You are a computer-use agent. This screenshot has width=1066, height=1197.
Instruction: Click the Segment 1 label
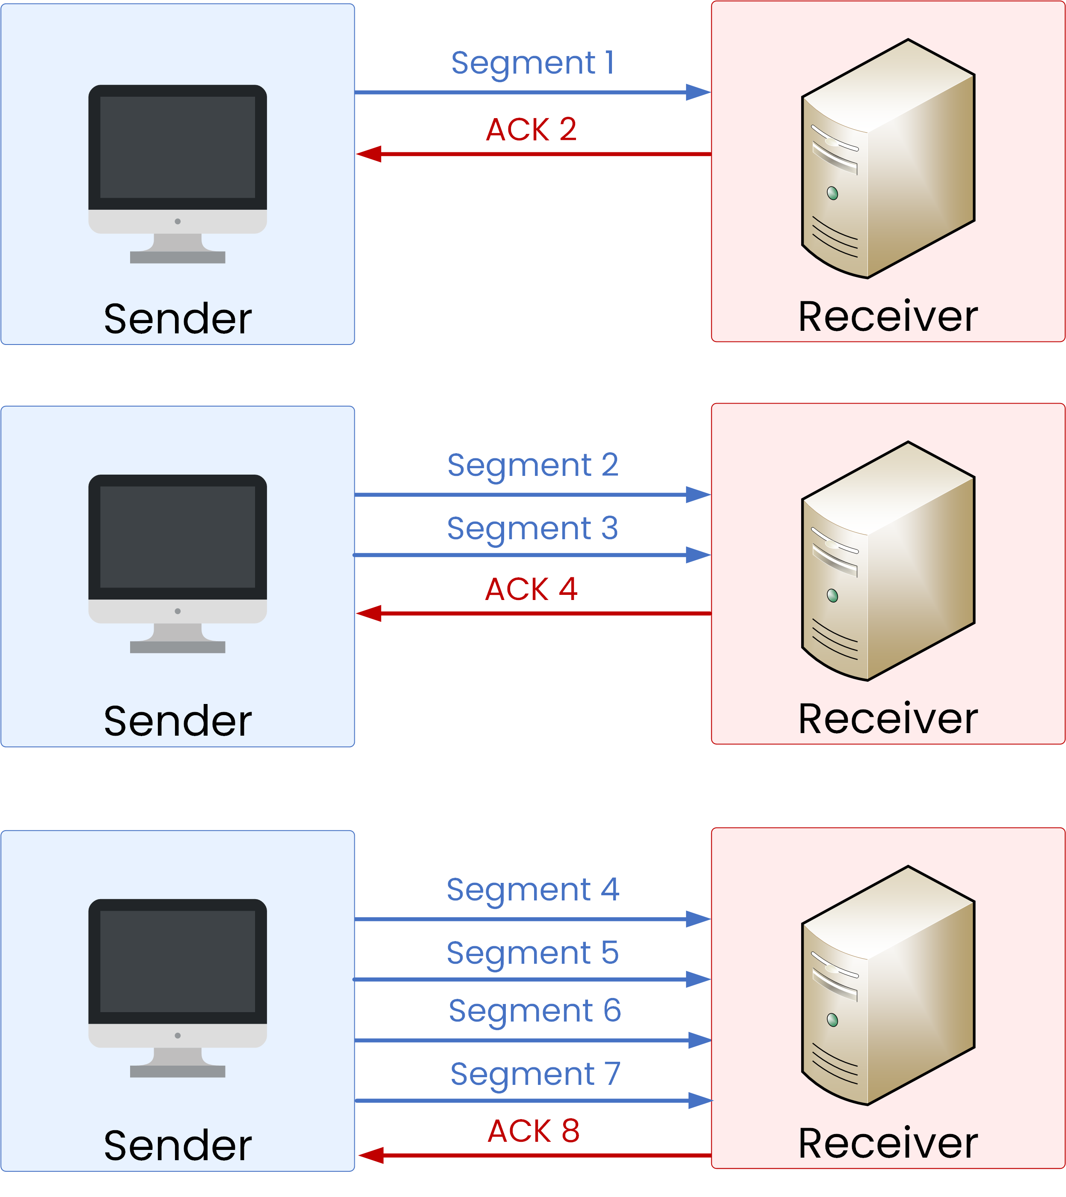pyautogui.click(x=532, y=63)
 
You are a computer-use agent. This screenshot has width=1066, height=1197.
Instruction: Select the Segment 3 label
pyautogui.click(x=532, y=529)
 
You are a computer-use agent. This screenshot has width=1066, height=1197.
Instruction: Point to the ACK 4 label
pyautogui.click(x=531, y=589)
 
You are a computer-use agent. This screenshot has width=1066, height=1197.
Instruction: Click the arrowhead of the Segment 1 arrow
pyautogui.click(x=698, y=92)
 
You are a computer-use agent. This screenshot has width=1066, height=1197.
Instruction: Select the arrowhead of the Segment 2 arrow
pyautogui.click(x=698, y=495)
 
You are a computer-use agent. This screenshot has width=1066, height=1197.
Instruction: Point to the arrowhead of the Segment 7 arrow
pyautogui.click(x=700, y=1101)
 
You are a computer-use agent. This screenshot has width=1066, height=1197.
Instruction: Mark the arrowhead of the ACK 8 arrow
pyautogui.click(x=372, y=1155)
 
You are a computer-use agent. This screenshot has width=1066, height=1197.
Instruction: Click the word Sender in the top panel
pyautogui.click(x=178, y=319)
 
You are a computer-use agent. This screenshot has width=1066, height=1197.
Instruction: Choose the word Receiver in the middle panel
pyautogui.click(x=888, y=719)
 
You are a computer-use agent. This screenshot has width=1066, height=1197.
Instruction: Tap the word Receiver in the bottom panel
pyautogui.click(x=888, y=1143)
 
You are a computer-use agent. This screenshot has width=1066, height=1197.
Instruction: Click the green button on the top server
pyautogui.click(x=832, y=193)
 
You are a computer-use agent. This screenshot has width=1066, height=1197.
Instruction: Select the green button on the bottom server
pyautogui.click(x=832, y=1020)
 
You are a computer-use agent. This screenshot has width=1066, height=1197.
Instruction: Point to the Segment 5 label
pyautogui.click(x=532, y=953)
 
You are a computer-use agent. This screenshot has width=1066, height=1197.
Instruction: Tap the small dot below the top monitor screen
pyautogui.click(x=178, y=221)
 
